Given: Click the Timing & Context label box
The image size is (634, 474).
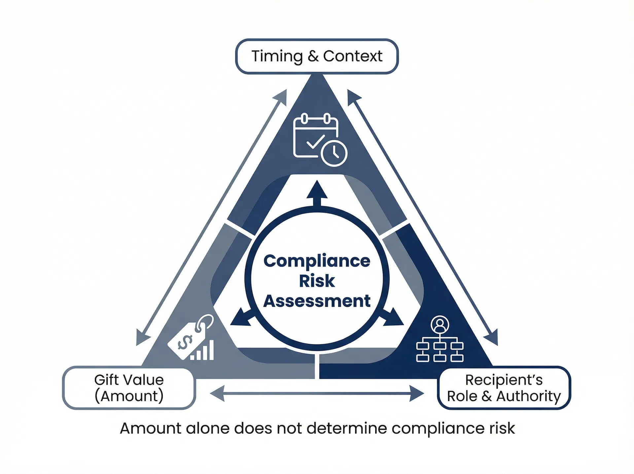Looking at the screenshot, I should (x=317, y=56).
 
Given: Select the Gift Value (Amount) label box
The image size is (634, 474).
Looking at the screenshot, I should (x=129, y=388).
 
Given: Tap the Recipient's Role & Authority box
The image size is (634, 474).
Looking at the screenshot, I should (x=504, y=388).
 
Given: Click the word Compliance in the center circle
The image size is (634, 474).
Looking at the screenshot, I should (x=317, y=261).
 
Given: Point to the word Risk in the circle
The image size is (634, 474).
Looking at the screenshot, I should (x=317, y=281).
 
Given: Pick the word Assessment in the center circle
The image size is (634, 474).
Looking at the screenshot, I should (x=317, y=301).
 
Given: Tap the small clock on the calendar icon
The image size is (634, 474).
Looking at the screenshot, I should (x=334, y=153).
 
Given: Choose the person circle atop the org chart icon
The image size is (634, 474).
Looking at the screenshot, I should (x=440, y=325).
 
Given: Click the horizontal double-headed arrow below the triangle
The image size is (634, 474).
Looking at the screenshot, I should (x=317, y=393).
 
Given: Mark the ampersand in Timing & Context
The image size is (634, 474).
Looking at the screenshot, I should (x=313, y=56).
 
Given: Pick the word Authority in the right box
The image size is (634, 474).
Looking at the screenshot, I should (x=529, y=396).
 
